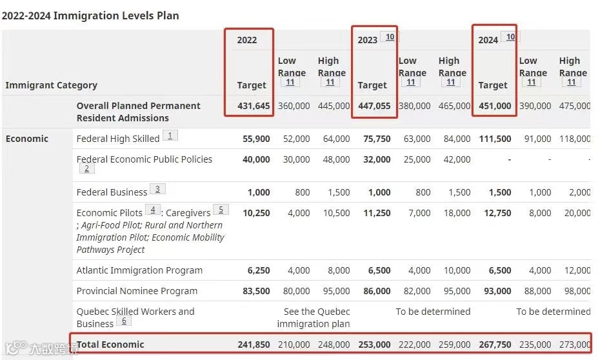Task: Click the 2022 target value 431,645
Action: pyautogui.click(x=254, y=106)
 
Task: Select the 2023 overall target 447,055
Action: pyautogui.click(x=374, y=106)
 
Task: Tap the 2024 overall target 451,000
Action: pyautogui.click(x=495, y=106)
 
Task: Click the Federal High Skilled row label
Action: pyautogui.click(x=118, y=139)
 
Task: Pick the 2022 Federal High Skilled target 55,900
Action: pyautogui.click(x=256, y=139)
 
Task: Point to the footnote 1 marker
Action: pyautogui.click(x=170, y=135)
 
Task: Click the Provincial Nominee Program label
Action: pyautogui.click(x=137, y=291)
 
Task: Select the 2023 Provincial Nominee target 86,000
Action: pyautogui.click(x=377, y=291)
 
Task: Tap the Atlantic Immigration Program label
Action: pyautogui.click(x=139, y=270)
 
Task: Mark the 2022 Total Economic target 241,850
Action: pyautogui.click(x=254, y=345)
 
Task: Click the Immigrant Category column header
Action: pyautogui.click(x=52, y=85)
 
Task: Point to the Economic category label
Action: pyautogui.click(x=27, y=139)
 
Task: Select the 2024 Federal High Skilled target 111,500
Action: pyautogui.click(x=495, y=139)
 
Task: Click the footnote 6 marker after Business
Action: pyautogui.click(x=125, y=321)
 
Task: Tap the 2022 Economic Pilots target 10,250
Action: pyautogui.click(x=256, y=213)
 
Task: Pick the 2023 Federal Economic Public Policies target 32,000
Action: pyautogui.click(x=377, y=159)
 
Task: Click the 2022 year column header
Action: pyautogui.click(x=247, y=40)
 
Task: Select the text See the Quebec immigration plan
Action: pyautogui.click(x=314, y=317)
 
